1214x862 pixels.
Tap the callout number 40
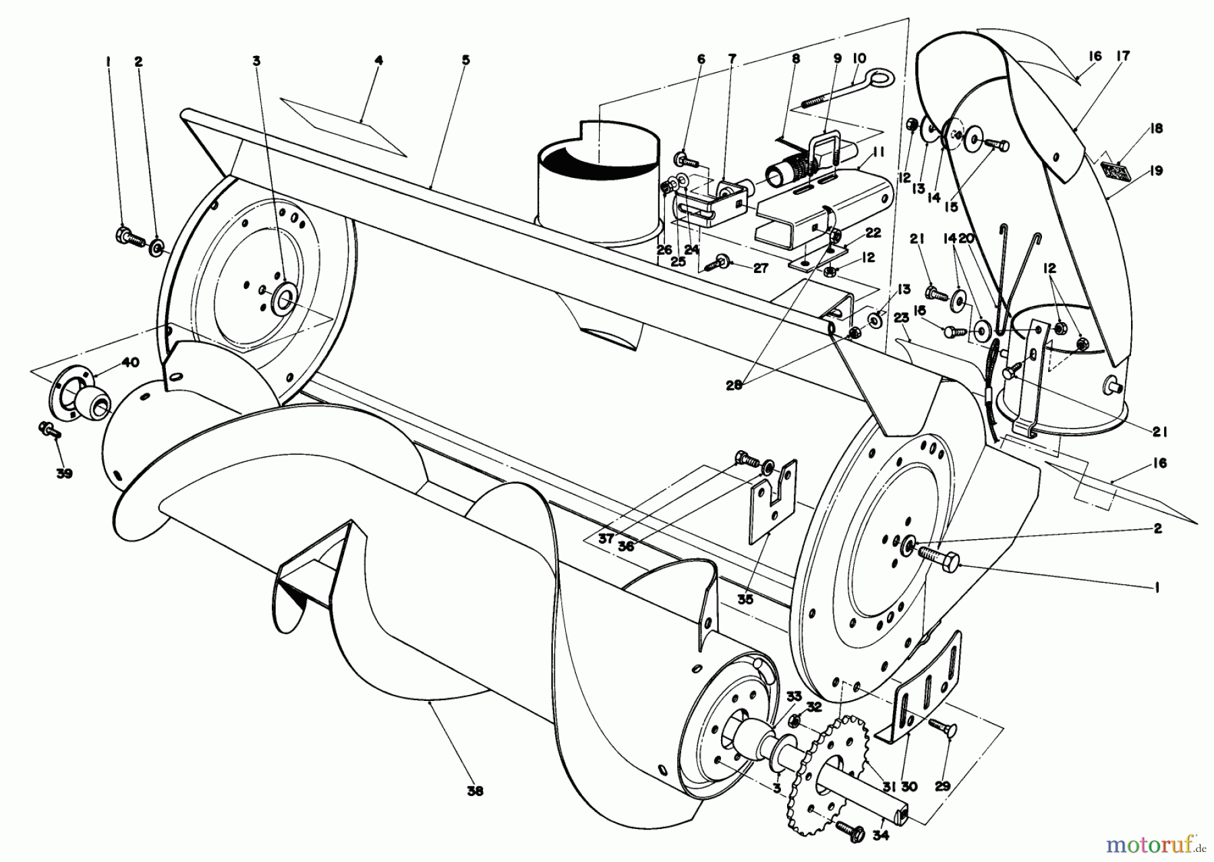click(130, 363)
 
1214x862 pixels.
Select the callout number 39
click(64, 474)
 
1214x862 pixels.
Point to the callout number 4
click(378, 60)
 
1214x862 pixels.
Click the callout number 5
click(465, 60)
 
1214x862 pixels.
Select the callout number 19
click(1156, 171)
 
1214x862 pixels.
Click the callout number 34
click(881, 835)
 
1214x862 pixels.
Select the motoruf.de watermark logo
click(1163, 842)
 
